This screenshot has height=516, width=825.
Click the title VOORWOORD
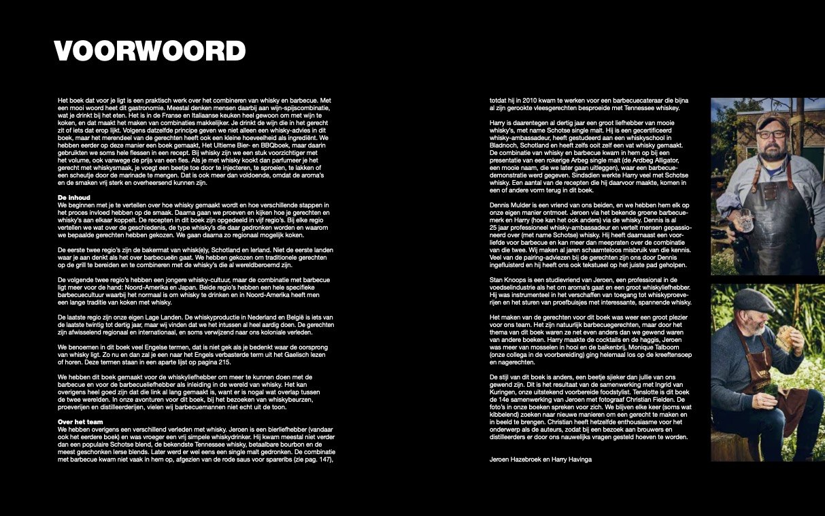150,51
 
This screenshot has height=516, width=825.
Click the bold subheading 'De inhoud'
73,197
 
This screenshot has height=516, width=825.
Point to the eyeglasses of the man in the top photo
771,134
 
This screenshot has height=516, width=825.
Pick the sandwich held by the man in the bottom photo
786,339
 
